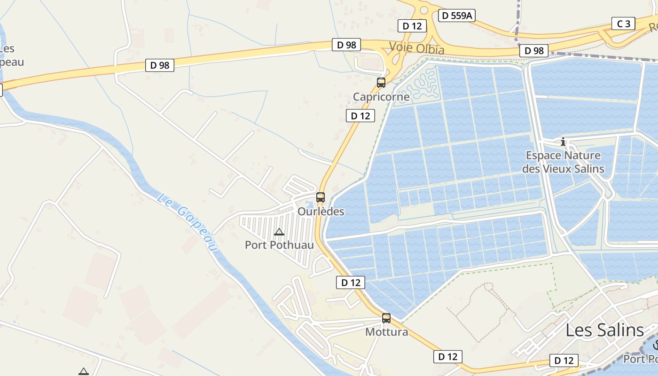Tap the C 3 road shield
pos(623,23)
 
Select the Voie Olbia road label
pos(416,48)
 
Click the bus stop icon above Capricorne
pos(381,83)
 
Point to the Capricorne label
pos(381,97)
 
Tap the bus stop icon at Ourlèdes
pos(321,197)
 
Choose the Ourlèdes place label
pos(321,211)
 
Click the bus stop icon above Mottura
pos(386,318)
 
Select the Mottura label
pos(387,332)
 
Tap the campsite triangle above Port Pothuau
pos(279,231)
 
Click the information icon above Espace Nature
pos(563,141)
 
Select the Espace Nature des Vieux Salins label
pos(563,162)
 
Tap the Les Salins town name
pos(604,330)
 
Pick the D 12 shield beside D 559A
pos(412,26)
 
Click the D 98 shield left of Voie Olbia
pos(346,45)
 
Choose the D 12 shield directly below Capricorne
pos(360,116)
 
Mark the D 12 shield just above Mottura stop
pos(351,282)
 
